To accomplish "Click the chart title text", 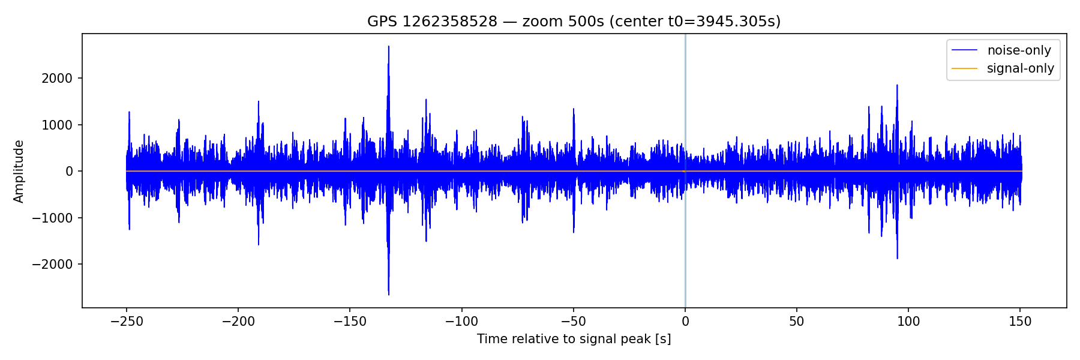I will [x=574, y=22].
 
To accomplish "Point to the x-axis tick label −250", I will [x=126, y=322].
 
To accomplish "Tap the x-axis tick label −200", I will [x=238, y=322].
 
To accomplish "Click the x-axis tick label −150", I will [x=350, y=322].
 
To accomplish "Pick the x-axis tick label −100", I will [x=461, y=322].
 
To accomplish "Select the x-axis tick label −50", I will [x=573, y=322].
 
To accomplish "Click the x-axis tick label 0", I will [x=685, y=322].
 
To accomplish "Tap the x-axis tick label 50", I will [x=797, y=322].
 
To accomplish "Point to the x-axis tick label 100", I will [x=908, y=322].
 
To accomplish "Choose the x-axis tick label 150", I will [x=1020, y=322].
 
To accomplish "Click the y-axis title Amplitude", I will [x=19, y=171].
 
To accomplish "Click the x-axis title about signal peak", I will [x=574, y=339].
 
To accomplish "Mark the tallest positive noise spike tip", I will [x=389, y=46].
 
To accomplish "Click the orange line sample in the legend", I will [x=964, y=68].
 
